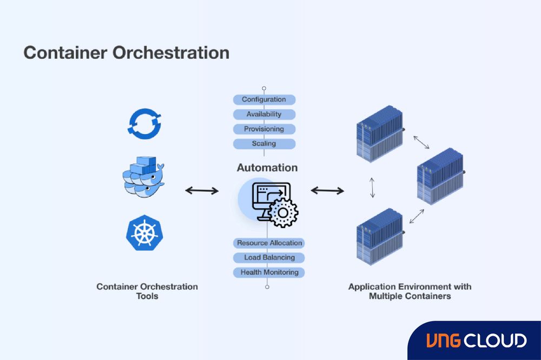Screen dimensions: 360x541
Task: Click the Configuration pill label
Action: coord(264,99)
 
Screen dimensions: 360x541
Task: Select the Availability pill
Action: coord(264,114)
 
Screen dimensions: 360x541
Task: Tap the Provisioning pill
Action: coord(264,129)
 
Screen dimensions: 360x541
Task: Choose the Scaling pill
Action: coord(264,144)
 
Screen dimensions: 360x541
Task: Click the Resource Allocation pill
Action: coord(269,243)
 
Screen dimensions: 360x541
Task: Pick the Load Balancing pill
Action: coord(269,258)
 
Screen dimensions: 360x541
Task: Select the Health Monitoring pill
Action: coord(269,272)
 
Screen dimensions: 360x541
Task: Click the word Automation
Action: coord(267,168)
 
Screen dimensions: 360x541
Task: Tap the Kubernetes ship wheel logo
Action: coord(144,233)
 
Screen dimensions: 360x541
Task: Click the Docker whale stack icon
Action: coord(143,176)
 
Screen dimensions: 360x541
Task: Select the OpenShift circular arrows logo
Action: coord(144,122)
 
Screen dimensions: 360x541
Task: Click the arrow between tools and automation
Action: coord(202,190)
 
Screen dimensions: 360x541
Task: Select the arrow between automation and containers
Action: coord(327,190)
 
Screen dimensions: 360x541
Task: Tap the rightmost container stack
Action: coord(441,176)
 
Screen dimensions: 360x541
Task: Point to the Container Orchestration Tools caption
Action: coord(147,291)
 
